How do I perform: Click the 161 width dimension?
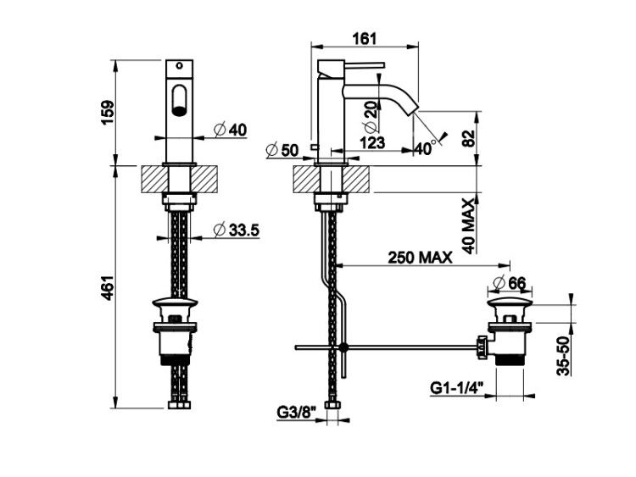point(365,38)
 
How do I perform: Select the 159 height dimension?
point(108,112)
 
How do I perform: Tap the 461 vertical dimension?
point(107,288)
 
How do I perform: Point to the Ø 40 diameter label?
point(230,130)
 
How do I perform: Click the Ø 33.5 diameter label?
point(237,230)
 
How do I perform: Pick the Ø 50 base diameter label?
point(282,150)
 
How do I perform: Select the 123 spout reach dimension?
point(372,142)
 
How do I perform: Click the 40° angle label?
point(425,148)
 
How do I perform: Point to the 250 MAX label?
point(420,258)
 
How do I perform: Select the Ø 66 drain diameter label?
point(510,282)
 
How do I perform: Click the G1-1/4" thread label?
point(457,388)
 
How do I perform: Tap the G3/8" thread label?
point(296,413)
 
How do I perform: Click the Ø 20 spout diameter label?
point(371,116)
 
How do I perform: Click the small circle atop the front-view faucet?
point(179,65)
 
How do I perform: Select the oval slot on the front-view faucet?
point(179,99)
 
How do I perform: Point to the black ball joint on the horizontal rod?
point(344,347)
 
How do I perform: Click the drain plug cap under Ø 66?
point(510,302)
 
